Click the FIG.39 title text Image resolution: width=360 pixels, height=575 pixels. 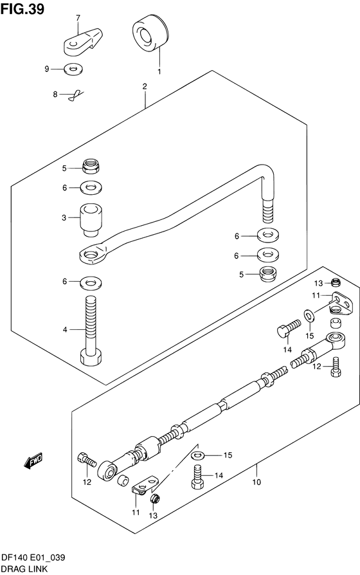point(22,8)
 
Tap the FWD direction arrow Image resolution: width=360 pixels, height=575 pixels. point(33,461)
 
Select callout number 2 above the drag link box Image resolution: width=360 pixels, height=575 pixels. point(145,87)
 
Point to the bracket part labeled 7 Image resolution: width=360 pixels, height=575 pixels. point(82,42)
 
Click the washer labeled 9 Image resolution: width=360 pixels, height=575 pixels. point(73,69)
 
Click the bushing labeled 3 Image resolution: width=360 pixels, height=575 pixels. point(91,219)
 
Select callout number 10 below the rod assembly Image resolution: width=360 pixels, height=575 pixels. point(256,482)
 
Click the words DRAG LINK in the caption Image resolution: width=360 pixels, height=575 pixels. point(24,569)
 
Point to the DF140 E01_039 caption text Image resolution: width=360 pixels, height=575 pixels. point(33,558)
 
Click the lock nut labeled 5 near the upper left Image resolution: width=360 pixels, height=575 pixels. point(91,166)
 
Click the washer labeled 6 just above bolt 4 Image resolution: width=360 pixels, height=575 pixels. point(91,282)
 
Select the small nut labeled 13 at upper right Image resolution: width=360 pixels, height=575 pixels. point(336,282)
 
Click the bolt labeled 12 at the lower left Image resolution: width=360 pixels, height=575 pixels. point(87,459)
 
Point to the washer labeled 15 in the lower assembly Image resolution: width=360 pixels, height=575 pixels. point(198,455)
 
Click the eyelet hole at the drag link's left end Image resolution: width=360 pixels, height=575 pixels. point(90,254)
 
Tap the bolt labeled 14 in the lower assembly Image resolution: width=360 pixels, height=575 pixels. point(197,477)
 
